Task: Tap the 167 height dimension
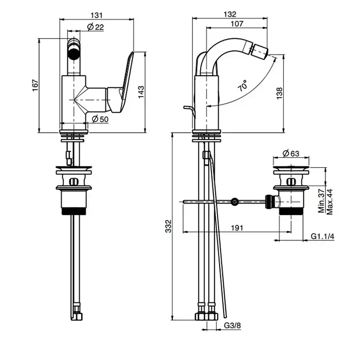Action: tap(35, 85)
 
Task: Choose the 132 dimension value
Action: tap(230, 14)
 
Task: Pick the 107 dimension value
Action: tap(237, 24)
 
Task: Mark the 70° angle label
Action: tap(243, 85)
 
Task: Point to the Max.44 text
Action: tap(330, 201)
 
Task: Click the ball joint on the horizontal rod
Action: tap(235, 202)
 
